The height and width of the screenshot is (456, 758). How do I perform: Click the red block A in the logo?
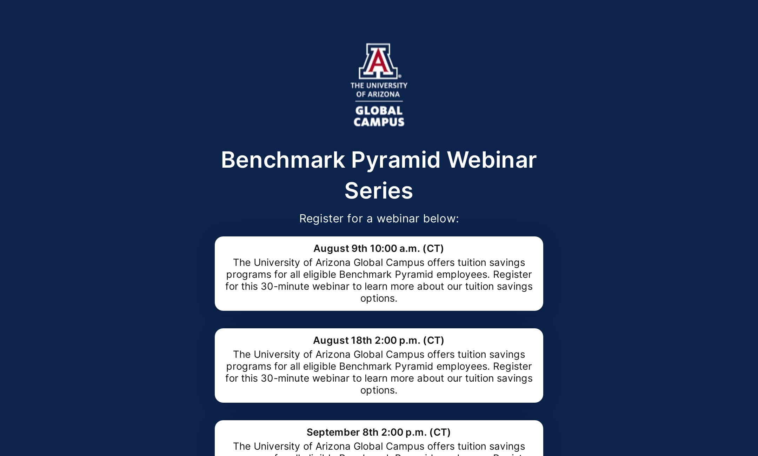pos(378,61)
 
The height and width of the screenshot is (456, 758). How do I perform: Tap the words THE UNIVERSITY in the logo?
pos(379,85)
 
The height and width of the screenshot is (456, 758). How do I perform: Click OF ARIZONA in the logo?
pos(378,94)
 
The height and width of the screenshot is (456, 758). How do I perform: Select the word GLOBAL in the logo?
pos(379,111)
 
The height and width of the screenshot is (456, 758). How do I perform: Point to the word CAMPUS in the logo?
pos(379,122)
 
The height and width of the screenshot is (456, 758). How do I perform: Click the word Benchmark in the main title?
pos(283,160)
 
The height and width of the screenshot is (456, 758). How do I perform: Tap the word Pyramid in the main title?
pos(395,160)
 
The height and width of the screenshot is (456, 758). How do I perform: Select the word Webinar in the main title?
pos(492,160)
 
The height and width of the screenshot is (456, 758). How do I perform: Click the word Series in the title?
pos(379,191)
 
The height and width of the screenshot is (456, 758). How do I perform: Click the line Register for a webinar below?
pos(379,219)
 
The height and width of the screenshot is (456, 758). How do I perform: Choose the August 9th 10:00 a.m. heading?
pos(378,248)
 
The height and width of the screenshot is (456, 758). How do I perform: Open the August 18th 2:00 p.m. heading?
pos(378,340)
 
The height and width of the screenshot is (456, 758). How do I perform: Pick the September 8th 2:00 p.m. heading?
pos(378,432)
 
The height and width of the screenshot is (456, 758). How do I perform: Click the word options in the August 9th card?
pos(378,299)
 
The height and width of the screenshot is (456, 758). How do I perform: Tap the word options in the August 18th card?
pos(378,390)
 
